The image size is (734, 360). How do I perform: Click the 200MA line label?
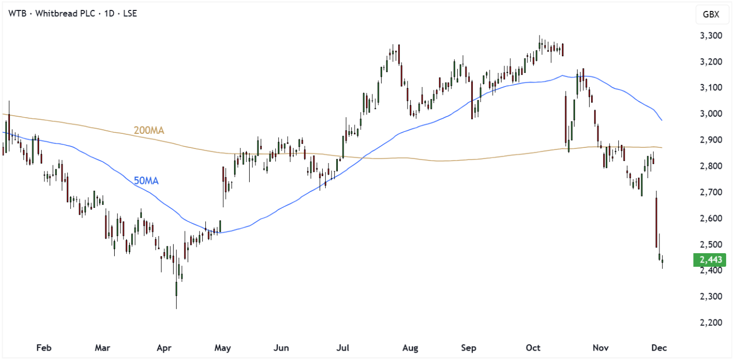(x=149, y=130)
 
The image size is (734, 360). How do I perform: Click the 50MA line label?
(x=146, y=181)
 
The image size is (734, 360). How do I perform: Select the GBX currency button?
(x=711, y=15)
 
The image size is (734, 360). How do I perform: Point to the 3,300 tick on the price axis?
(x=709, y=36)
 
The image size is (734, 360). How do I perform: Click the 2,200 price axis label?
(x=709, y=322)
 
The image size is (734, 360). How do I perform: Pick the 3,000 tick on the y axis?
(x=709, y=114)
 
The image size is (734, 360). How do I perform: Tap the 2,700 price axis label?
(x=709, y=192)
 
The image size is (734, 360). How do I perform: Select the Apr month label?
(x=165, y=347)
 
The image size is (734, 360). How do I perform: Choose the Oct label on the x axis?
(x=533, y=347)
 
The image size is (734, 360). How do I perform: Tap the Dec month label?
(x=659, y=347)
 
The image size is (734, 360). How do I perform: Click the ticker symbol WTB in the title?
(x=17, y=14)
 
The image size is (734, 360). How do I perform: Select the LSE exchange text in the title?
(x=129, y=14)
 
